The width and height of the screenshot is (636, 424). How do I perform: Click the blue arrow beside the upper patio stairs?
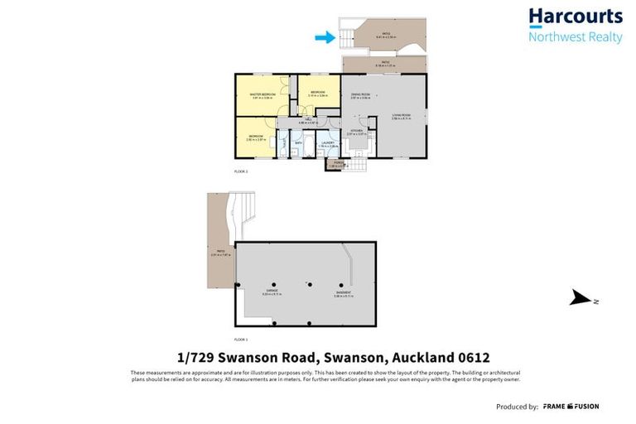[x=325, y=36]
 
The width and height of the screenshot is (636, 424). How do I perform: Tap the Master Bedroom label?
[x=263, y=94]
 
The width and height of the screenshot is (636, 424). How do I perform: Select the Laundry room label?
[x=329, y=142]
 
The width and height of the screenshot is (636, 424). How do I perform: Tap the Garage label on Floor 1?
[x=272, y=291]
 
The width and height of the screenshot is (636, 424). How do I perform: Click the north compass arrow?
[x=582, y=299]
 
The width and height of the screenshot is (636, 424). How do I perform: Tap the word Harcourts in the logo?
[x=575, y=17]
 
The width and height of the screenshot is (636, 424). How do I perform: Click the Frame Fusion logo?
[x=571, y=407]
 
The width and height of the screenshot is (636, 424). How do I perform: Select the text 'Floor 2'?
[x=241, y=171]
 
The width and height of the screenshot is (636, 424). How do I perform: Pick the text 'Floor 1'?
[x=241, y=340]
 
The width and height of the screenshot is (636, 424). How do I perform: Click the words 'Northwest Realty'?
[x=575, y=37]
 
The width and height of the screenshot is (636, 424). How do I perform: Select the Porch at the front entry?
[x=333, y=163]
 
